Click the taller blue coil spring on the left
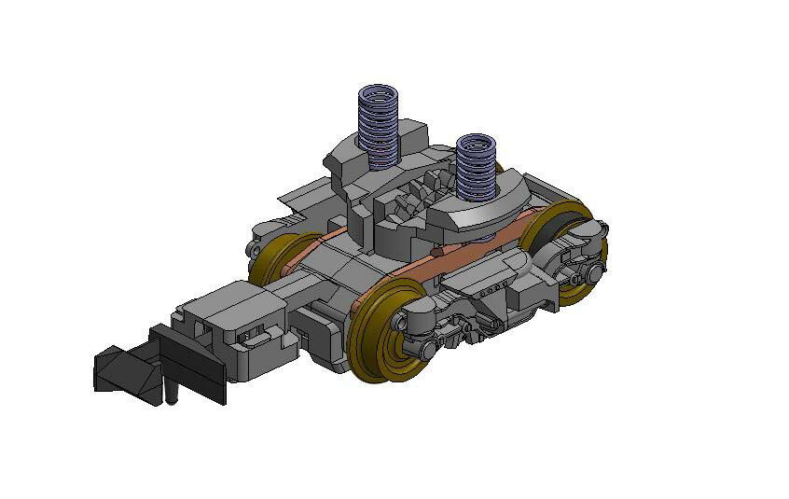coord(379,125)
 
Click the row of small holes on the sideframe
coord(484,293)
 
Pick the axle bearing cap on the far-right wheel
coord(594,272)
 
